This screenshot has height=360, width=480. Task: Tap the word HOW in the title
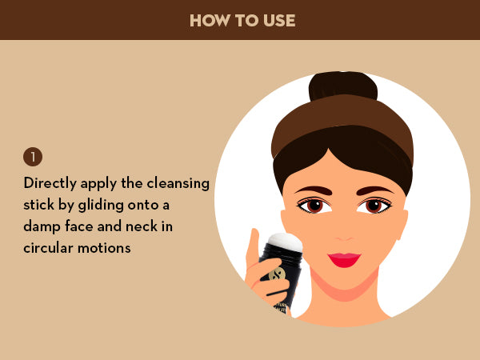210,21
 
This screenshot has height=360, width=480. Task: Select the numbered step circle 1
33,157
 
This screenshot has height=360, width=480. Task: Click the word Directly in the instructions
50,184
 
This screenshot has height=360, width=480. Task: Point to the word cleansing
178,184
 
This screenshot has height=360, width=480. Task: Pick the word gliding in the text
101,206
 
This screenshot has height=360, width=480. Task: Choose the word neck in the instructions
142,226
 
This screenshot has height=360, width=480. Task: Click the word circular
48,248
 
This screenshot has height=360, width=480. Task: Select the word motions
104,248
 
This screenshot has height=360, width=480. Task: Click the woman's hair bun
343,86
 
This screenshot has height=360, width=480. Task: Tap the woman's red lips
344,260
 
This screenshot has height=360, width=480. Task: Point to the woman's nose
344,236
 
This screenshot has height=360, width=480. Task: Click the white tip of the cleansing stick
286,242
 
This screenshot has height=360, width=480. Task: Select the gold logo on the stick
277,274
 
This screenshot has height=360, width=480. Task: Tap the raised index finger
253,246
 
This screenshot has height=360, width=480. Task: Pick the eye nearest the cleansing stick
314,205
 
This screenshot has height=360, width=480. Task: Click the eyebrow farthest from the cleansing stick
374,190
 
